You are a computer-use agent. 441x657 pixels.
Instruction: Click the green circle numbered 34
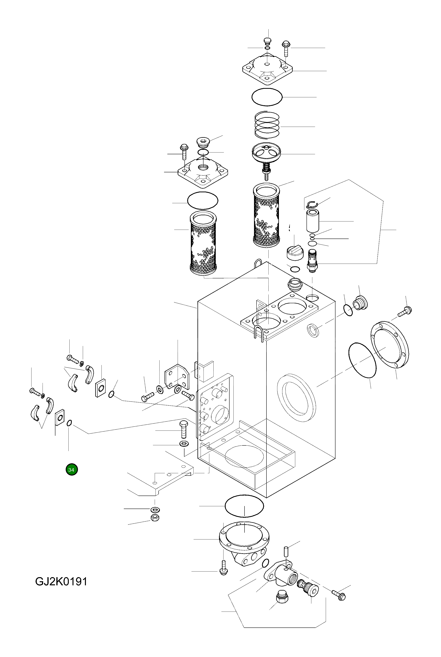[x=72, y=470]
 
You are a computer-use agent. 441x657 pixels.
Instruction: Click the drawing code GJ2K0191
[x=61, y=582]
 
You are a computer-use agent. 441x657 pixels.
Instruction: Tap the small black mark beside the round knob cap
[x=289, y=228]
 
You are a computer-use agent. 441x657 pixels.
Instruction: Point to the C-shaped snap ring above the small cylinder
[x=312, y=204]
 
